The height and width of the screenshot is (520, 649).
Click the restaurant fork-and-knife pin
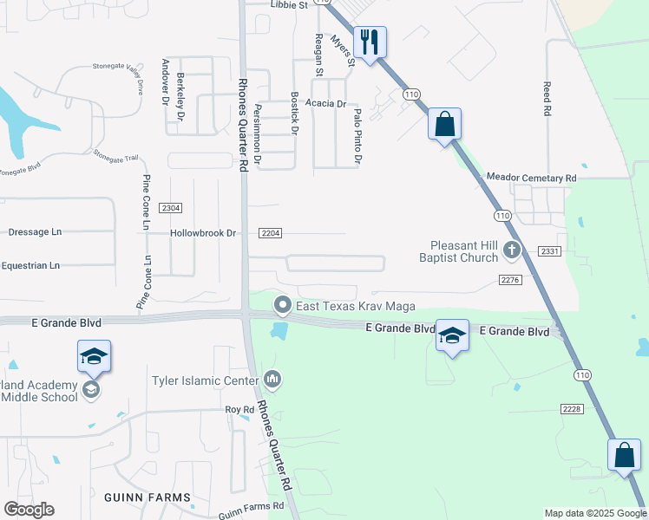click(x=370, y=42)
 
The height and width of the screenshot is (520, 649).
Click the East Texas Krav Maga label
click(x=356, y=306)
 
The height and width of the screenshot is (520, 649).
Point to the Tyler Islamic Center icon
click(x=273, y=379)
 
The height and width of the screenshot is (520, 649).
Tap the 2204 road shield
click(x=270, y=233)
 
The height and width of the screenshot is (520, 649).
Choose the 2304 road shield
click(x=171, y=208)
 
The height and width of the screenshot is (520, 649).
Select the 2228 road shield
click(x=572, y=408)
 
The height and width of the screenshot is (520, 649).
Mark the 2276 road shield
click(x=509, y=279)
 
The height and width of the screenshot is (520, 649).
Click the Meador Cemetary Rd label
click(x=531, y=178)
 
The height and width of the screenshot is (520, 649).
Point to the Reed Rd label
click(x=547, y=99)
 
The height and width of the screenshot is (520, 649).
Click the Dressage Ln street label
click(x=35, y=232)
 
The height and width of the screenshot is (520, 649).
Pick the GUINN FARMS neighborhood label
click(x=147, y=497)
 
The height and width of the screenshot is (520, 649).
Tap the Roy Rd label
click(x=239, y=409)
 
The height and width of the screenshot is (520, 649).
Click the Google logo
click(x=29, y=510)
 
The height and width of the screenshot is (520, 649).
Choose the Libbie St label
click(x=290, y=5)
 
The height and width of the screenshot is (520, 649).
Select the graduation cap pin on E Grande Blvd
click(x=452, y=335)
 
